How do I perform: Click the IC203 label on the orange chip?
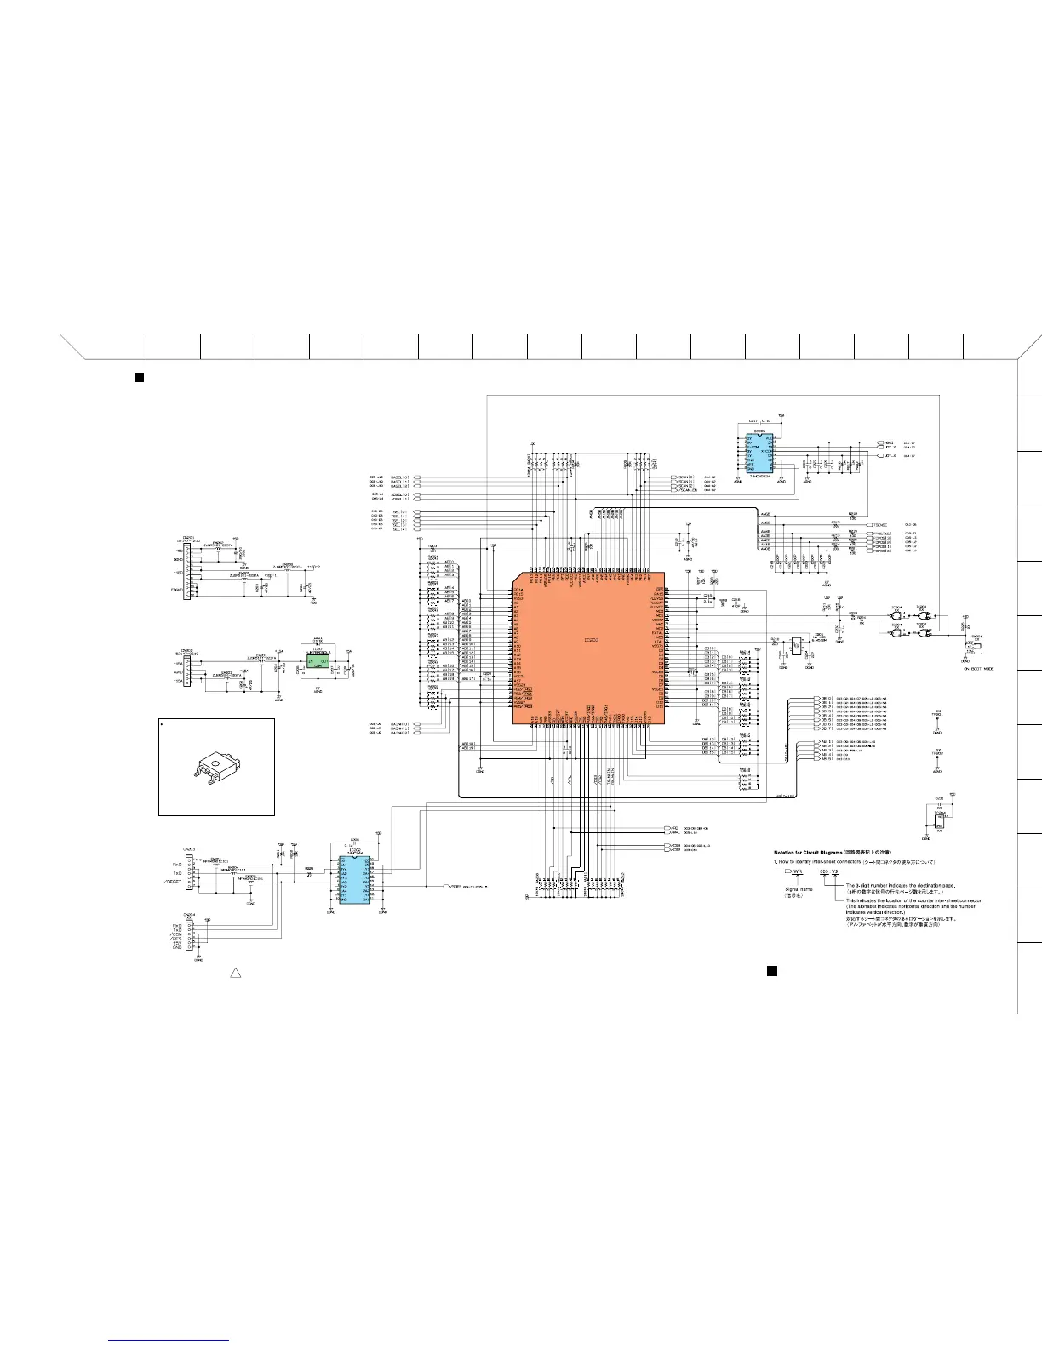591,639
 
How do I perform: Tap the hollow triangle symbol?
237,972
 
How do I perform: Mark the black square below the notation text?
771,970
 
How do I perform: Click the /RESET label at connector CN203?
174,882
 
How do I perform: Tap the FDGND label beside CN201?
176,589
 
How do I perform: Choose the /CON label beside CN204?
175,934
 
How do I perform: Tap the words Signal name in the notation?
799,889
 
